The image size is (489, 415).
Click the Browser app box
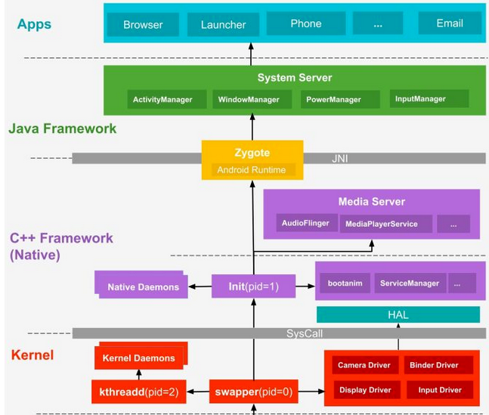[143, 24]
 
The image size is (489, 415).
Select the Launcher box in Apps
[223, 24]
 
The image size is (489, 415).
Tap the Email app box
[450, 23]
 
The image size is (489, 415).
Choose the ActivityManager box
[167, 100]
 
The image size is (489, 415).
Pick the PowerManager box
[340, 100]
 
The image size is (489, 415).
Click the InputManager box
[429, 98]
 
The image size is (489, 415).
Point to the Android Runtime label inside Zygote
[252, 170]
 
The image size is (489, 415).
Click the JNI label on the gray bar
[339, 159]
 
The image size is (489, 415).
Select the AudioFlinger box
[307, 223]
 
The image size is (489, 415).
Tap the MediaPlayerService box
[386, 224]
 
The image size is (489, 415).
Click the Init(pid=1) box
[253, 286]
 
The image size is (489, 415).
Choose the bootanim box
[345, 283]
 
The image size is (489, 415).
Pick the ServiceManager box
[410, 283]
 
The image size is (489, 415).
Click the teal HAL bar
[398, 314]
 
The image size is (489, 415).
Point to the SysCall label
[305, 333]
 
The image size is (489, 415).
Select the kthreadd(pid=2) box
[139, 392]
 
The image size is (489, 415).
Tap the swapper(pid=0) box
[253, 392]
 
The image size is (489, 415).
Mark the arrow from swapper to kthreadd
[198, 392]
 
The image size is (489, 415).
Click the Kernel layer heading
[32, 355]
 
